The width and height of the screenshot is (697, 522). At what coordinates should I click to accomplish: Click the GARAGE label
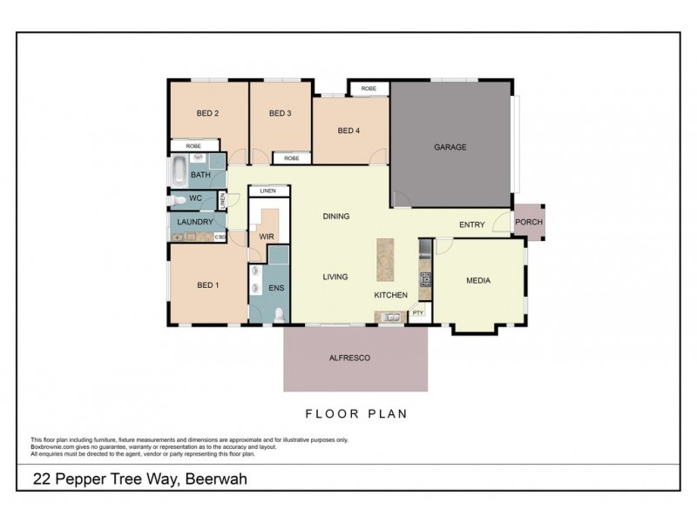point(450,147)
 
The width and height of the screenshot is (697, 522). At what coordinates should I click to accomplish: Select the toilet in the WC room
point(178,199)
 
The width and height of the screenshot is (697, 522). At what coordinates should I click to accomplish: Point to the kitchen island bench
point(386,259)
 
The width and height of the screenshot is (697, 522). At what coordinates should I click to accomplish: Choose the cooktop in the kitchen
point(426,279)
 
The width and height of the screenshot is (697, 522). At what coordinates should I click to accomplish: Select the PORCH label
point(529,222)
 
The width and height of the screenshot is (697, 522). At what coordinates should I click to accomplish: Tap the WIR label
point(267,236)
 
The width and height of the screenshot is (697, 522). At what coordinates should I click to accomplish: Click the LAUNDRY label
point(193,222)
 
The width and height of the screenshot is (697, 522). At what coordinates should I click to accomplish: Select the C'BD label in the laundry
point(220,236)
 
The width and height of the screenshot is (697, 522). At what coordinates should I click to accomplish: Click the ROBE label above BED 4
point(369,88)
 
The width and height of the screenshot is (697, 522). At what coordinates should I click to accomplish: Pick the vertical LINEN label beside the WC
point(222,200)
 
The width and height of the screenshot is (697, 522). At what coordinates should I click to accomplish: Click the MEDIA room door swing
point(443,246)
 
